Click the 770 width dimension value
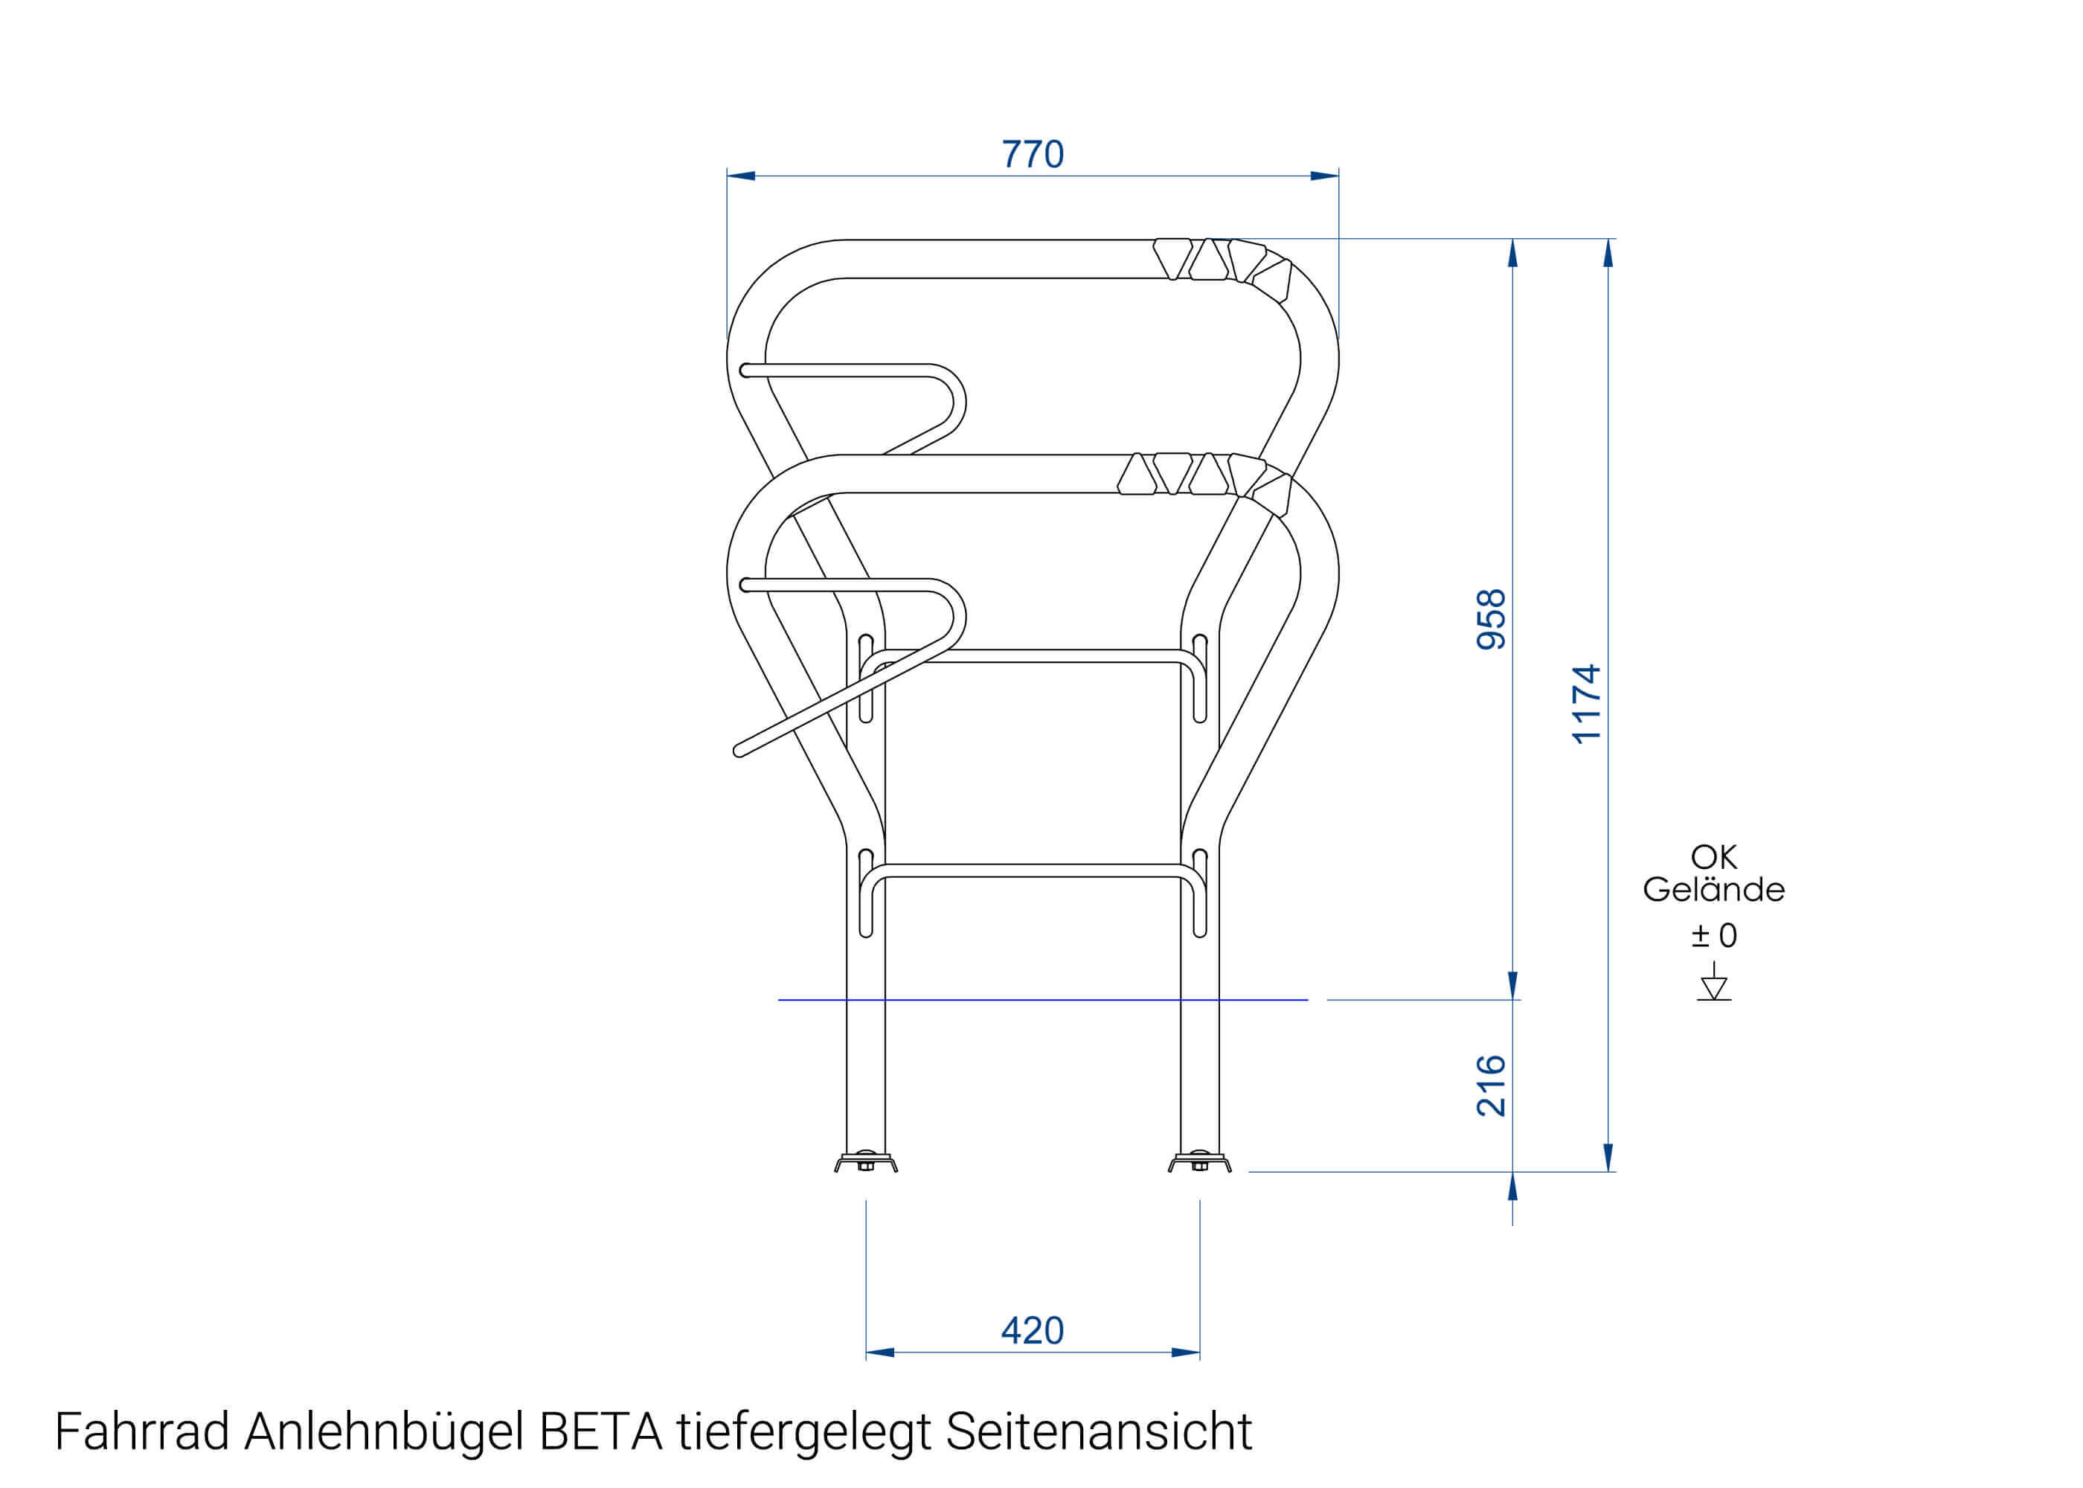point(1033,154)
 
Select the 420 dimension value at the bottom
point(1033,1330)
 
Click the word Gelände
point(1713,890)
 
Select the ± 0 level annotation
point(1713,935)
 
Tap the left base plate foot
point(866,1164)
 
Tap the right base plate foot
point(1199,1164)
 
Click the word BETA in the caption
point(601,1432)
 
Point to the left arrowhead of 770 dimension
point(740,176)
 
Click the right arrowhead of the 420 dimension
point(1187,1353)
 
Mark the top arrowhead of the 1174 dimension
point(1608,252)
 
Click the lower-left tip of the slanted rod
point(740,751)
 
